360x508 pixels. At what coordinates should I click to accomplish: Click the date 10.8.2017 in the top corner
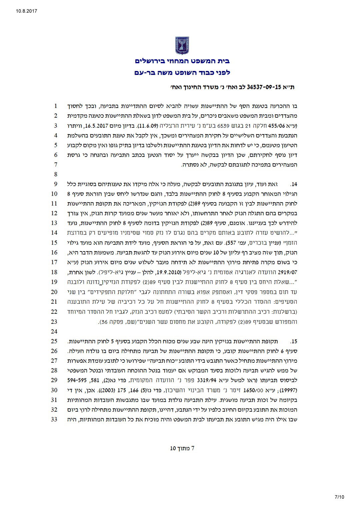pyautogui.click(x=26, y=11)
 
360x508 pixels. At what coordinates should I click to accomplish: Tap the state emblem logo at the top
pyautogui.click(x=182, y=46)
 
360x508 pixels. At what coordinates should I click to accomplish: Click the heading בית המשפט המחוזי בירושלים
pyautogui.click(x=182, y=61)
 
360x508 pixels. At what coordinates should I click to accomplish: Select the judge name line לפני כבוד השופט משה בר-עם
pyautogui.click(x=182, y=72)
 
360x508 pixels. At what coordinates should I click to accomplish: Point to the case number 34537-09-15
pyautogui.click(x=260, y=87)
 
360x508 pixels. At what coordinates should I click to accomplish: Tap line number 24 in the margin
pyautogui.click(x=55, y=331)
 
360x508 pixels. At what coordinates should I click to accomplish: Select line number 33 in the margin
pyautogui.click(x=55, y=419)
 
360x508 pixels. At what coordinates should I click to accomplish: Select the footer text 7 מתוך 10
pyautogui.click(x=182, y=448)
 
